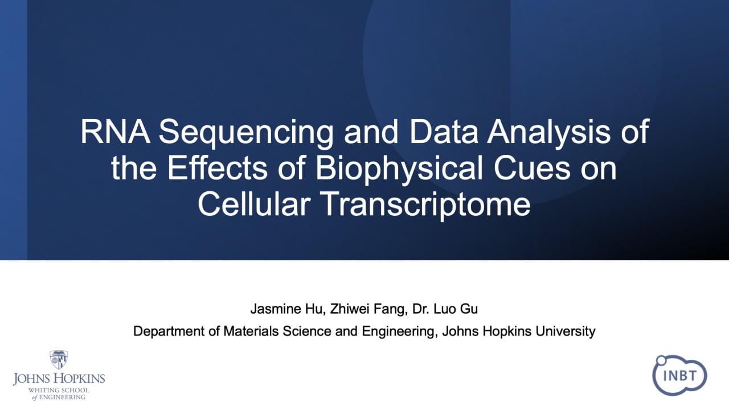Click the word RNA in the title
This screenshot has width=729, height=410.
(x=116, y=132)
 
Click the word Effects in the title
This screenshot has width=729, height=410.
(x=217, y=167)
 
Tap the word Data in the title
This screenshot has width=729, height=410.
(x=444, y=132)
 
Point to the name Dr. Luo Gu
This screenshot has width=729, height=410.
(x=445, y=309)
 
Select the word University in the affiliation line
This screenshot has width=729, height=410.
(x=566, y=332)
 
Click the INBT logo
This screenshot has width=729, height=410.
(x=679, y=375)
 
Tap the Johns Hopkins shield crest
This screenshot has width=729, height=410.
(x=59, y=359)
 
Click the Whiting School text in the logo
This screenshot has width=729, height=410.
(x=58, y=390)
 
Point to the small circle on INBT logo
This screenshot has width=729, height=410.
(x=661, y=360)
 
